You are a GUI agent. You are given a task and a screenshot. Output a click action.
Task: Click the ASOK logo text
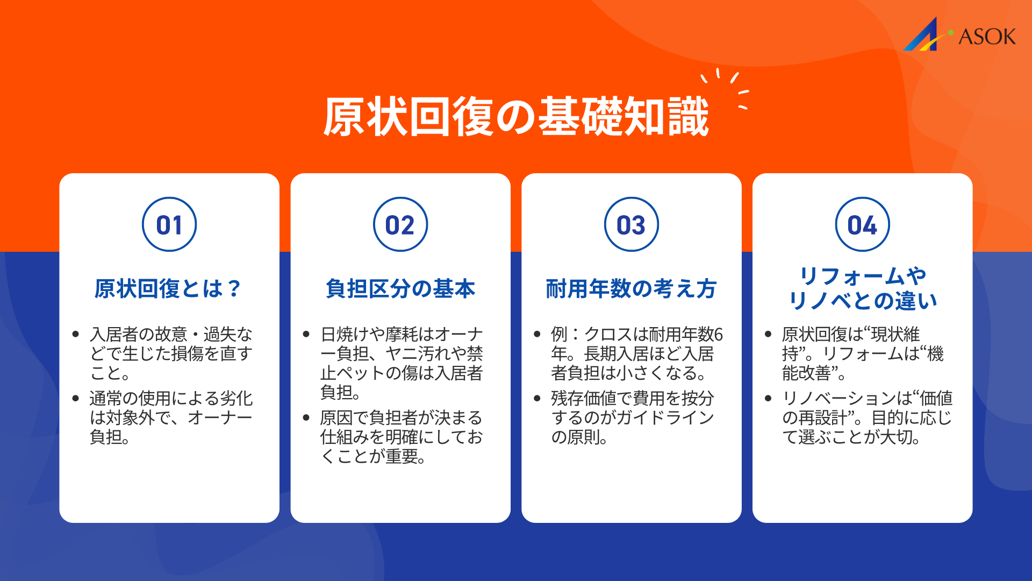[987, 37]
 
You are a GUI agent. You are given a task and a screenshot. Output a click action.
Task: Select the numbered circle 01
[169, 224]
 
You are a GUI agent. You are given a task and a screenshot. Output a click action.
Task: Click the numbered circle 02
[400, 224]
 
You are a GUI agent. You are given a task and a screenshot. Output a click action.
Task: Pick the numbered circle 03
[632, 224]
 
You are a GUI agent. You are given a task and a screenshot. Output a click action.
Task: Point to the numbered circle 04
[862, 224]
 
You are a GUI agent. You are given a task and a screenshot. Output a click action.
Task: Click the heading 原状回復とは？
[168, 289]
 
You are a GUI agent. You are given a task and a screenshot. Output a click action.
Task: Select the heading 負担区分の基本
[400, 289]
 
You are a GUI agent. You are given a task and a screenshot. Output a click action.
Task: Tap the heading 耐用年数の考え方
[632, 289]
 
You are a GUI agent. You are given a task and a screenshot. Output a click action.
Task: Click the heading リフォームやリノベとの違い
[862, 288]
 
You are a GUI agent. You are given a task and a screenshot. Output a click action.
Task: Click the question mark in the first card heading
[234, 289]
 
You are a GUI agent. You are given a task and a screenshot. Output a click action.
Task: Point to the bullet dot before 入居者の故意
[76, 335]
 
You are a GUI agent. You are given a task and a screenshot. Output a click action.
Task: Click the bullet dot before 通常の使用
[76, 399]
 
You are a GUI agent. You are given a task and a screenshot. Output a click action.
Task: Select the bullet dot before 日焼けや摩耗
[306, 335]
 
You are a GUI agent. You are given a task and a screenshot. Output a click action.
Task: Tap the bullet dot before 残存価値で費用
[537, 399]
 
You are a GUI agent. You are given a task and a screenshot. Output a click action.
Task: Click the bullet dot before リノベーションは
[768, 399]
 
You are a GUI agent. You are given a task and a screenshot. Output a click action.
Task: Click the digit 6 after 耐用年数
[719, 335]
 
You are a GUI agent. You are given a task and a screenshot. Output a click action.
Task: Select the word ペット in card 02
[361, 373]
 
